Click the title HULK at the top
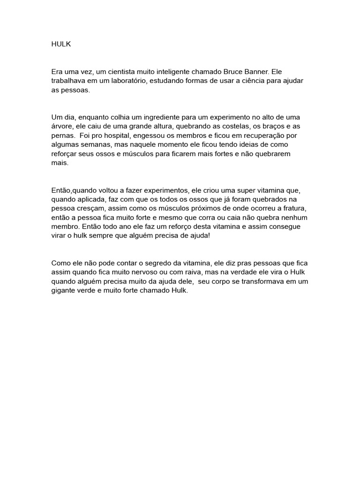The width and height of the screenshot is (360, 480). [60, 45]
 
